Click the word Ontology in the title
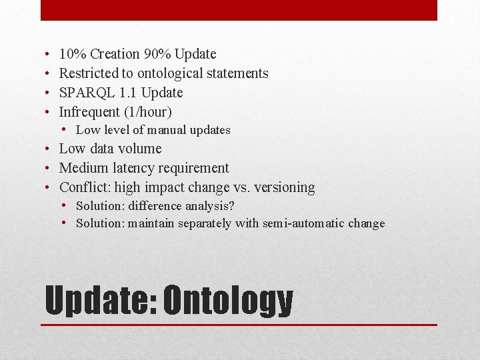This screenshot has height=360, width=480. tap(228, 301)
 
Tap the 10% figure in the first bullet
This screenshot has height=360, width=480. tap(73, 54)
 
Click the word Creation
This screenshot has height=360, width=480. tap(115, 54)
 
